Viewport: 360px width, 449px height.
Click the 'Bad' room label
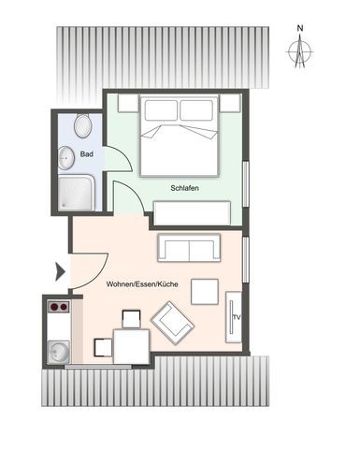[87, 154]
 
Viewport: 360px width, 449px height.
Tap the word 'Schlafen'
[184, 188]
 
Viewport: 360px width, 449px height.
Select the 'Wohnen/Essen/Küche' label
[142, 284]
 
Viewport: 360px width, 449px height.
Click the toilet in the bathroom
[82, 125]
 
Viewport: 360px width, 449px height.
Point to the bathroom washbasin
[66, 158]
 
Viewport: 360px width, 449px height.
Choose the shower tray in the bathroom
[76, 193]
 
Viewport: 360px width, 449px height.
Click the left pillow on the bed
[161, 110]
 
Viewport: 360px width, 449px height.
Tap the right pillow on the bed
[196, 110]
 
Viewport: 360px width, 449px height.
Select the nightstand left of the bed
[128, 103]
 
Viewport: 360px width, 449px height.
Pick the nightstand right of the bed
[230, 103]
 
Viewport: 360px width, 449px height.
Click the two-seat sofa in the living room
[189, 248]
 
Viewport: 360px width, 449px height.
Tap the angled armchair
[172, 323]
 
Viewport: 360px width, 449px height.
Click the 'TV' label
[237, 317]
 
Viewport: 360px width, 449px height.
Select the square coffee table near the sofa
[205, 292]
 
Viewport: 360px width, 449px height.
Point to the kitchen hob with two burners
[59, 307]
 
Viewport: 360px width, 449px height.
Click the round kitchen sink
[59, 353]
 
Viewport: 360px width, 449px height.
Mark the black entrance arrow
[60, 272]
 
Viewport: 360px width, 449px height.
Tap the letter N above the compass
[300, 28]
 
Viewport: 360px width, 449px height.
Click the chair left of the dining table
[103, 347]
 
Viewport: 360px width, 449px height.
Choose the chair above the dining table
[131, 319]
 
